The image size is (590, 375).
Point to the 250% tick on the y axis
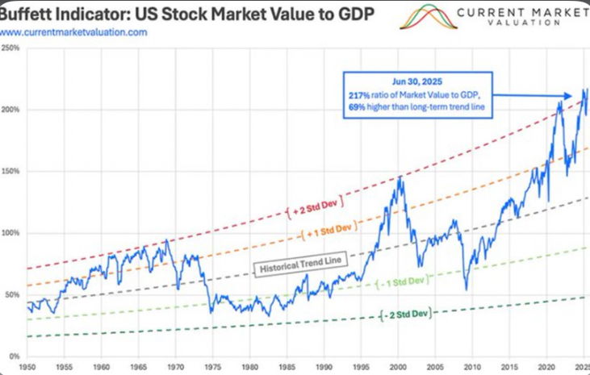click(x=10, y=48)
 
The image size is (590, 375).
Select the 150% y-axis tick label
click(x=10, y=172)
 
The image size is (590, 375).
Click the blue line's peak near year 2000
click(x=400, y=176)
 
